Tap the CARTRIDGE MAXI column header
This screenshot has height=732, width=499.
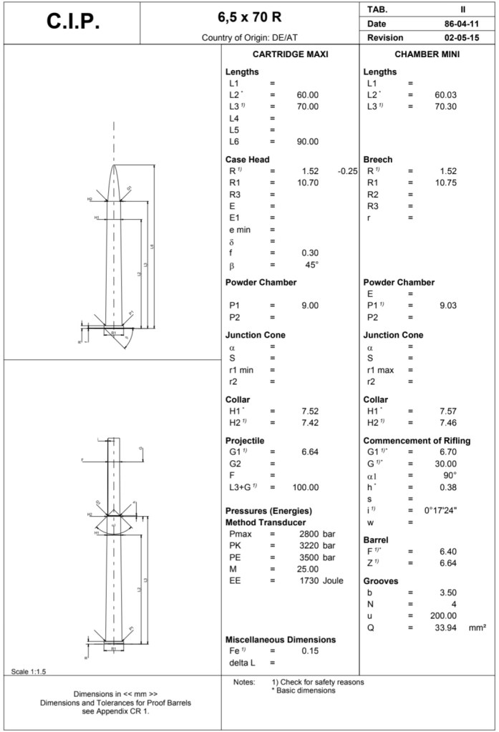tap(291, 54)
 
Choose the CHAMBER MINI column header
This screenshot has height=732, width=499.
tap(427, 54)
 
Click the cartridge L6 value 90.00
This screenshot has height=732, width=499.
tap(307, 141)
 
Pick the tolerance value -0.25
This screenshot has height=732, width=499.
tap(347, 171)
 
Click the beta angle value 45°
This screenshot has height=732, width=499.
tap(311, 265)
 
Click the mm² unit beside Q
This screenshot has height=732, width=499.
tap(478, 628)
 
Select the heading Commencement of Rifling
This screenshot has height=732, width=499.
tap(417, 440)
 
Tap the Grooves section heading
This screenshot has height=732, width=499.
tap(380, 581)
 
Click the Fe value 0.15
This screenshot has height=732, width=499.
tap(310, 650)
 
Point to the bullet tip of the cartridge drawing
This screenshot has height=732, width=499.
tap(114, 165)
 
